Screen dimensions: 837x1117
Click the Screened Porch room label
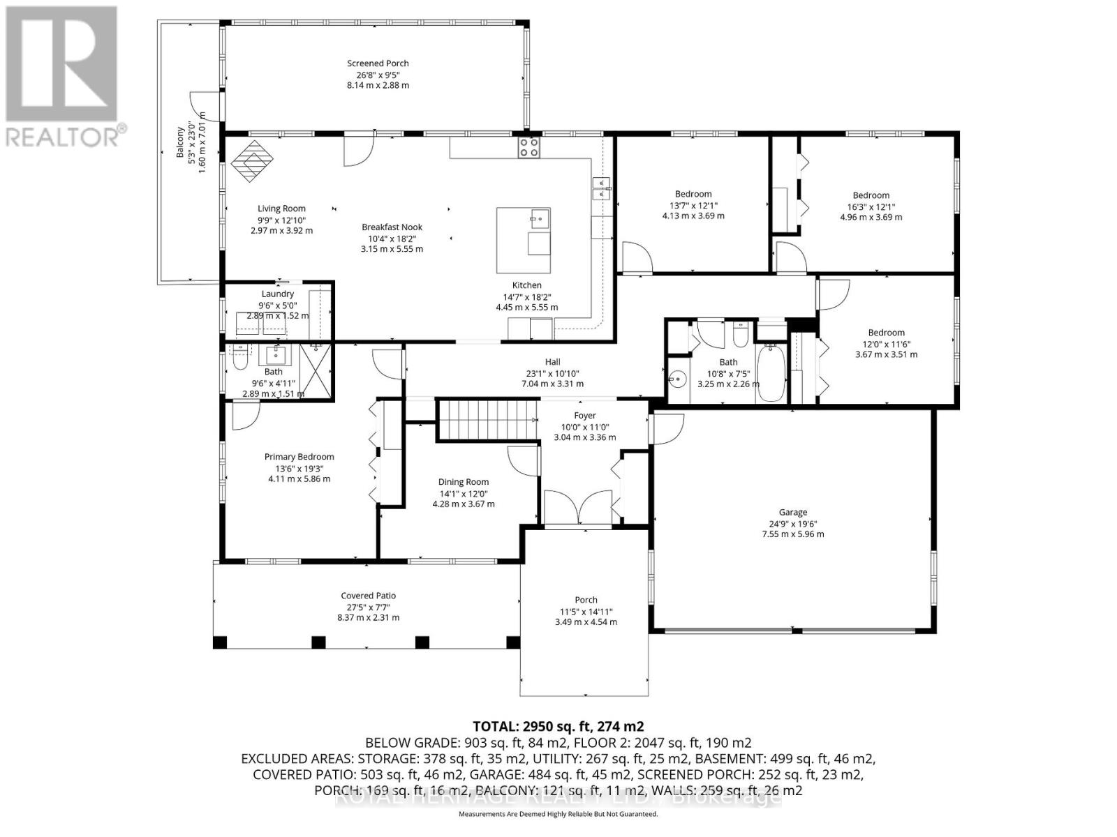coord(378,63)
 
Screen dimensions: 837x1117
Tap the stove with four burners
coord(528,147)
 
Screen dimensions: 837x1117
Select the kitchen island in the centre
coord(524,240)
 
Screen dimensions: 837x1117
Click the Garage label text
coord(793,512)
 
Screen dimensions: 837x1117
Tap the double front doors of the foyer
coord(578,507)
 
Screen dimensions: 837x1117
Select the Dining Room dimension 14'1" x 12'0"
coord(464,493)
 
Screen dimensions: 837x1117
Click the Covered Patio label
coord(368,596)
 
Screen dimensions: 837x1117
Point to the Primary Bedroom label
coord(299,457)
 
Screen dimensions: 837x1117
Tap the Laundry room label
coord(277,294)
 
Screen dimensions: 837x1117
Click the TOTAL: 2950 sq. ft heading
coord(558,726)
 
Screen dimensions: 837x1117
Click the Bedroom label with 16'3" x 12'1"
coord(871,195)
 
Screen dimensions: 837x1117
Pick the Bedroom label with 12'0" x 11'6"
coord(886,333)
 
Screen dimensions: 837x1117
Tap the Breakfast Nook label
coord(392,227)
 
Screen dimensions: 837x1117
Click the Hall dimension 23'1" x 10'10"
coord(552,373)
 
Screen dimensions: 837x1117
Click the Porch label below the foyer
coord(586,600)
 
